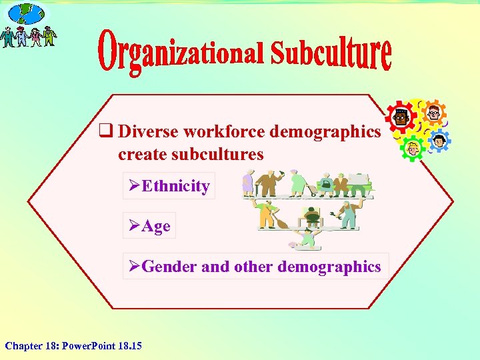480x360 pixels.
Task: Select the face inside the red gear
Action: point(401,119)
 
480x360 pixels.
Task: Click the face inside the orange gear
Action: point(433,112)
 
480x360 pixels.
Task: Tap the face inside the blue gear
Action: point(439,141)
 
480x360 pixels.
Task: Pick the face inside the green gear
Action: point(413,148)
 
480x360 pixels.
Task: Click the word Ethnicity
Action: point(176,186)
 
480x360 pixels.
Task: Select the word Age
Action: point(157,226)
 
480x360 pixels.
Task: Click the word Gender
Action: point(169,267)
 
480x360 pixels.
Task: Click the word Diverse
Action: point(148,131)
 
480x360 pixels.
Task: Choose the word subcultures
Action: point(191,154)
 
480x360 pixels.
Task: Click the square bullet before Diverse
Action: point(105,131)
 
